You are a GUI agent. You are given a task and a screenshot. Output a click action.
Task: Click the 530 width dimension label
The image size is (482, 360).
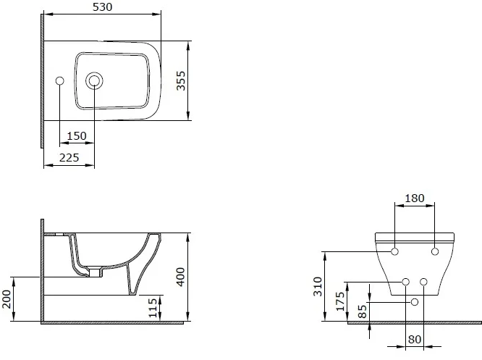101,7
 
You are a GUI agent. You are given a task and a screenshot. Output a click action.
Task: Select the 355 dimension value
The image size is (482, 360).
182,80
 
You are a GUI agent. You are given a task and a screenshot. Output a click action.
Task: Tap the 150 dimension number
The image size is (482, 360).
77,135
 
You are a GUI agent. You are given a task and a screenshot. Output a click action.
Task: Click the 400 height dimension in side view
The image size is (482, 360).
182,276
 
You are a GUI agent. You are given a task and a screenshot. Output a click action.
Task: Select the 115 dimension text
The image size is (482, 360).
152,307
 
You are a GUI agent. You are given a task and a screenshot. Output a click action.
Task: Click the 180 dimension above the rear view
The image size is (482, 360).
415,198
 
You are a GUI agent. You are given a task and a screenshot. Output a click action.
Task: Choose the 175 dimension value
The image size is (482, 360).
340,300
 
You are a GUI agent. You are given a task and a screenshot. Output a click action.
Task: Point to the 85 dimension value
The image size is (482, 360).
361,311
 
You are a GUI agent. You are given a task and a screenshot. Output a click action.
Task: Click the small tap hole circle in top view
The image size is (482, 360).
59,80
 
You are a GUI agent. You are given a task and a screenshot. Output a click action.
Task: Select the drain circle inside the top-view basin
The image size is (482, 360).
93,80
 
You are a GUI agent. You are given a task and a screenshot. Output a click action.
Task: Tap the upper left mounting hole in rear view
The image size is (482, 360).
394,251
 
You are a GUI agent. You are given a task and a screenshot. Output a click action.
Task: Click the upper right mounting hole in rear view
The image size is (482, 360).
435,251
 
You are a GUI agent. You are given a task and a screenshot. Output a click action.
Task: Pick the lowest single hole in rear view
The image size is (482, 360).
415,301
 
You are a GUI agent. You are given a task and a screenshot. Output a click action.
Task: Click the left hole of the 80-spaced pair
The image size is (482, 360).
406,281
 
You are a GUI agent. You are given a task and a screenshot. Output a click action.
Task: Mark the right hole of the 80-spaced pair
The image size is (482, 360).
424,281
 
